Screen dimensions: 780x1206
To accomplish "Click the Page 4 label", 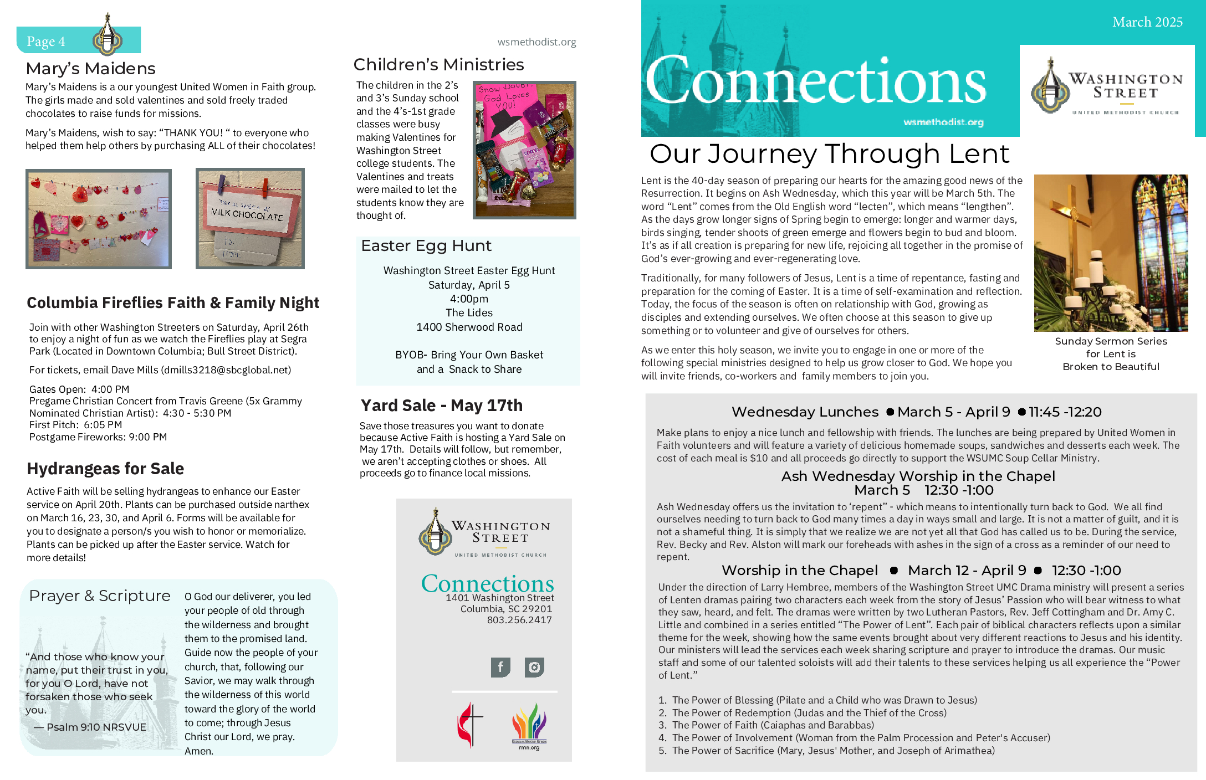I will pyautogui.click(x=46, y=42).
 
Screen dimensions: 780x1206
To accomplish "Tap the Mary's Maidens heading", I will pyautogui.click(x=90, y=69).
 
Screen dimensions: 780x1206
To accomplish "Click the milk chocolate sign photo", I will pyautogui.click(x=250, y=219).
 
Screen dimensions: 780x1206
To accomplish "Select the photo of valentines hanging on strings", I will pyautogui.click(x=99, y=219).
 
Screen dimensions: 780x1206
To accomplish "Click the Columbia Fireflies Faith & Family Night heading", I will pyautogui.click(x=173, y=302).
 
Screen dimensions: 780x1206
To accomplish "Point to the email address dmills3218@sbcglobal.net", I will pyautogui.click(x=226, y=370).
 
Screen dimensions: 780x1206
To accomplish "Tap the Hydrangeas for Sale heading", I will pyautogui.click(x=105, y=469).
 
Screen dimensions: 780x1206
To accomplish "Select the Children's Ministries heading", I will pyautogui.click(x=438, y=65).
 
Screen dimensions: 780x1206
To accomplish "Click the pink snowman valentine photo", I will pyautogui.click(x=524, y=150).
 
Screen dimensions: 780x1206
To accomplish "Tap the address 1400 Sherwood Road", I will pyautogui.click(x=469, y=327).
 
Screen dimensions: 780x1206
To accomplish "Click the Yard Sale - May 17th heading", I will pyautogui.click(x=441, y=406).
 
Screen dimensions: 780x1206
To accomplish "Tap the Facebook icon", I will pyautogui.click(x=500, y=667).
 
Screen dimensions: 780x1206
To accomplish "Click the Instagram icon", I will pyautogui.click(x=534, y=667).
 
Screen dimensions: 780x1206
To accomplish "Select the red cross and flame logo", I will pyautogui.click(x=469, y=725).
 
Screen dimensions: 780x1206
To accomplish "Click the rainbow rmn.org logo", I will pyautogui.click(x=529, y=726).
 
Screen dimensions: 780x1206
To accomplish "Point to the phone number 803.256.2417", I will pyautogui.click(x=519, y=620).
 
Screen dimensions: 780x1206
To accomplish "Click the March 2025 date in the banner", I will pyautogui.click(x=1147, y=22).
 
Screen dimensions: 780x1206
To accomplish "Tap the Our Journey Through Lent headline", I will pyautogui.click(x=829, y=154).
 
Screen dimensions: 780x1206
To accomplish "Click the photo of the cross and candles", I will pyautogui.click(x=1111, y=253).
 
